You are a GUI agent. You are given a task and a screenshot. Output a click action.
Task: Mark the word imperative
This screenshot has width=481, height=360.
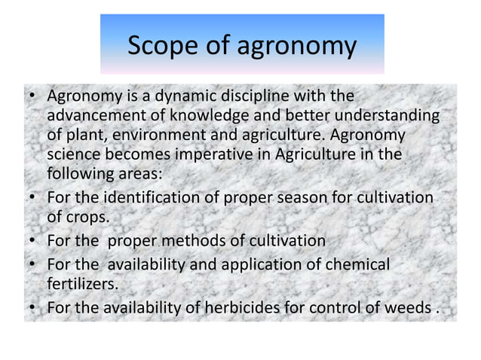237,155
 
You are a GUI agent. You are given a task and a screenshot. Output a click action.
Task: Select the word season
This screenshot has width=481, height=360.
297,197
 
